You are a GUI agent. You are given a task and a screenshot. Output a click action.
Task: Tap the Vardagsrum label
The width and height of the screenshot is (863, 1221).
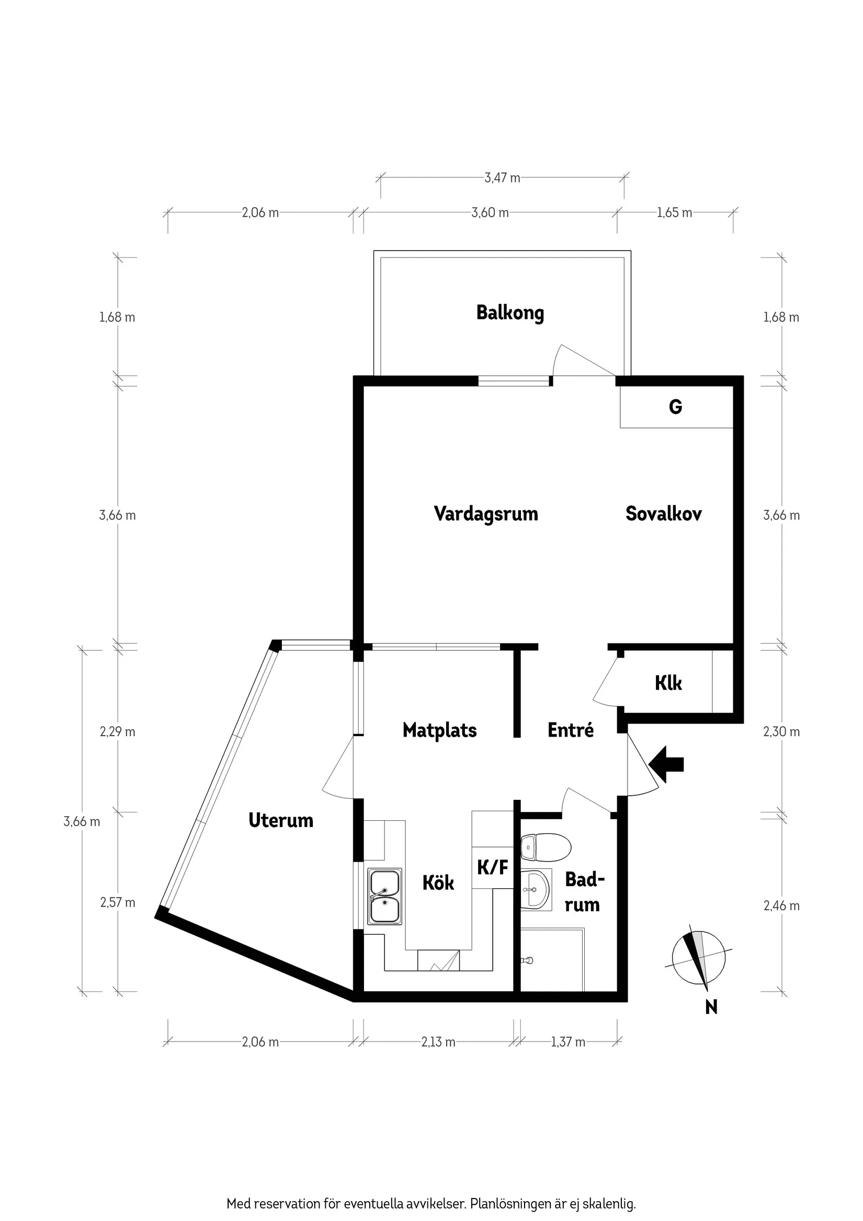click(x=485, y=514)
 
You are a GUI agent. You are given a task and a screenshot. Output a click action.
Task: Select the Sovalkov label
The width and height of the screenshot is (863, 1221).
click(x=663, y=514)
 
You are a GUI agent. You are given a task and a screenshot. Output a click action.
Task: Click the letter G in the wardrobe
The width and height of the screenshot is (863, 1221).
click(x=675, y=407)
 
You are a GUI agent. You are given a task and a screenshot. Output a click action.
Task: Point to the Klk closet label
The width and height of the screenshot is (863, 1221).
click(x=668, y=683)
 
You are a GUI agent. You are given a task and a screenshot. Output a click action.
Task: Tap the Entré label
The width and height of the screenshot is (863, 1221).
click(x=570, y=730)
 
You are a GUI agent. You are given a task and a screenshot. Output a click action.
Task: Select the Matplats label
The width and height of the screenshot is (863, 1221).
click(x=439, y=730)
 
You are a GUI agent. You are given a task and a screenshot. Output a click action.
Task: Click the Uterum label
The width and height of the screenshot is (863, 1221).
click(x=280, y=820)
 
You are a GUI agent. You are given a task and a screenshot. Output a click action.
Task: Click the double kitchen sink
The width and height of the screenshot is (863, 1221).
click(x=385, y=897)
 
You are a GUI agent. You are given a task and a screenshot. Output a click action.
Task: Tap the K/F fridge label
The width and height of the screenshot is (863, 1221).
click(x=492, y=868)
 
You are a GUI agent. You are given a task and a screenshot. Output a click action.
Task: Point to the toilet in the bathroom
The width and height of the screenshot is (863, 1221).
click(x=544, y=846)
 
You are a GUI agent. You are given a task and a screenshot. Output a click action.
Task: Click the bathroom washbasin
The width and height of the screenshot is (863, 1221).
click(x=535, y=890)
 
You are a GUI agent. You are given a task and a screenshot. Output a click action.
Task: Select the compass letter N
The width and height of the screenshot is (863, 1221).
click(x=711, y=1007)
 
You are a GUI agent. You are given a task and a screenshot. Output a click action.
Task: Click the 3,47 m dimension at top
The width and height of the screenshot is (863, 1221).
click(x=502, y=178)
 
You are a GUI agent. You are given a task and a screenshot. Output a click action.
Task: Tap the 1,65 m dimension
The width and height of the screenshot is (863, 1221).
click(x=674, y=213)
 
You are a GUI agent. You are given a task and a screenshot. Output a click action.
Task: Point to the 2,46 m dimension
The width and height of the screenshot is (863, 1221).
click(x=781, y=906)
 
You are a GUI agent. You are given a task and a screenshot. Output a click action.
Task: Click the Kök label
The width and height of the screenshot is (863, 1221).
click(x=438, y=883)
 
